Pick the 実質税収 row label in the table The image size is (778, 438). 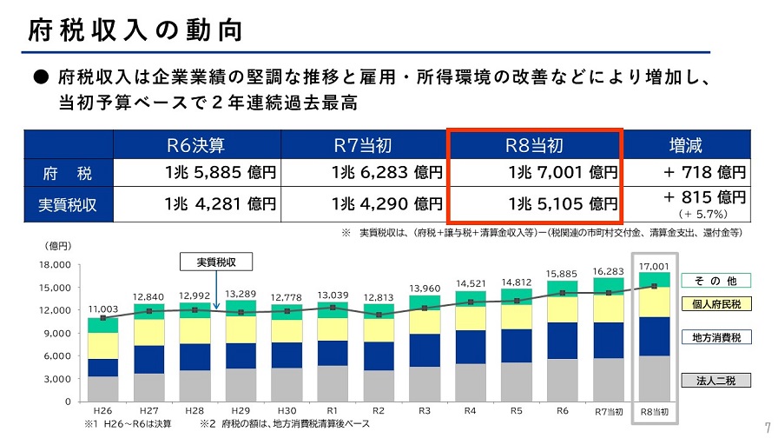click(68, 205)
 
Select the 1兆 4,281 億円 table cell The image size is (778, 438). click(220, 205)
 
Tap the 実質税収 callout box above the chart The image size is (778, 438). click(215, 262)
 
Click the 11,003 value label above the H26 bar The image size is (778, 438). click(102, 309)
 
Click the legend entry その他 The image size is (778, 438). click(716, 281)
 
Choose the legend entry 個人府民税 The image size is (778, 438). click(716, 304)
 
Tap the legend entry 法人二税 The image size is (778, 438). click(716, 380)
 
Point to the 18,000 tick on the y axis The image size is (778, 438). click(54, 264)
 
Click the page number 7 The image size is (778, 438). click(768, 419)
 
